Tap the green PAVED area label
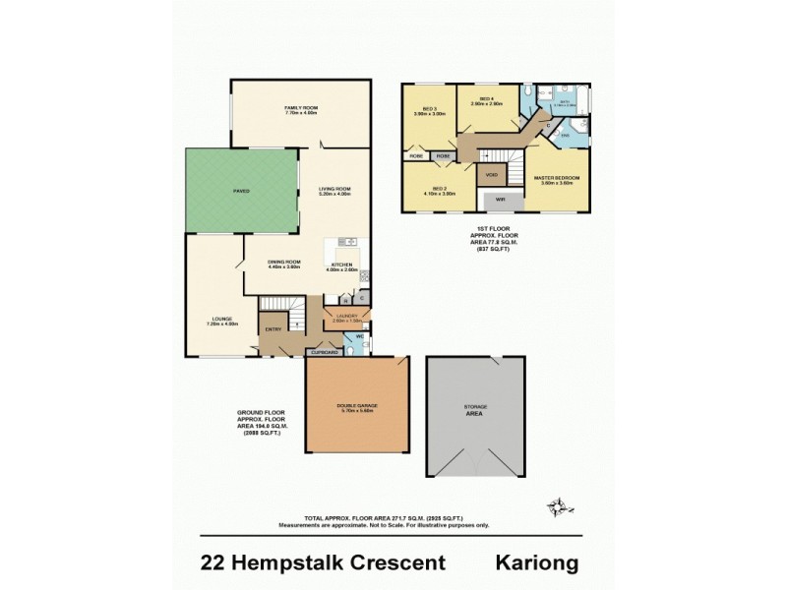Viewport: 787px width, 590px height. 241,191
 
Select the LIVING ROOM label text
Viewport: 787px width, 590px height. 334,191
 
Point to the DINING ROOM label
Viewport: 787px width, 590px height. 283,264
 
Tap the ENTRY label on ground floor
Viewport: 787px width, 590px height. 272,329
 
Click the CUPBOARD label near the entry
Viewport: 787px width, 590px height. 326,351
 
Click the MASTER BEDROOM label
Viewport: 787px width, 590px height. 557,180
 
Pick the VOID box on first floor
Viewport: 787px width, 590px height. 491,175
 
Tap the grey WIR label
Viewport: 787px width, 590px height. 500,200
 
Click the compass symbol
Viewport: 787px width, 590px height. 557,506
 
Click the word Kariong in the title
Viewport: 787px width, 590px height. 535,562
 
